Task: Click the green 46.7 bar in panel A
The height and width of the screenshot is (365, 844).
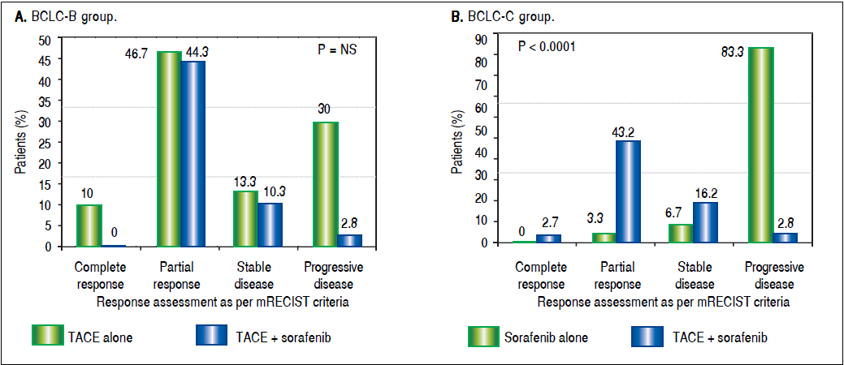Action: point(169,148)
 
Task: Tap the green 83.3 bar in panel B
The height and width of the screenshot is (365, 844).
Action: point(760,144)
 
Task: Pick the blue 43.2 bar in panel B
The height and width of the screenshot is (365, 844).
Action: point(627,191)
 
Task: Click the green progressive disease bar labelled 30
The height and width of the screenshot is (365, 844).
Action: point(326,183)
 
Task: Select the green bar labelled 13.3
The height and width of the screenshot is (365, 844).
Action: point(246,218)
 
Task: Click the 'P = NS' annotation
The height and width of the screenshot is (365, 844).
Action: point(337,49)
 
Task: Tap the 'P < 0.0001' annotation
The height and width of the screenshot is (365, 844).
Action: point(547,46)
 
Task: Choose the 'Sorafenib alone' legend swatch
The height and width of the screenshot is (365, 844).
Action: point(483,335)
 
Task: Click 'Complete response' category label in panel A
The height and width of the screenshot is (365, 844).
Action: point(99,275)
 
